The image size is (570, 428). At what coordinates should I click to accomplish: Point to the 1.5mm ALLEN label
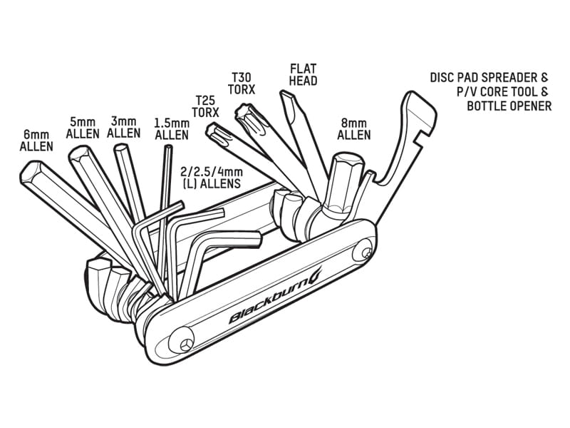(x=171, y=128)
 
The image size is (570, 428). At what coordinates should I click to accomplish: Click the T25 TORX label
(x=207, y=106)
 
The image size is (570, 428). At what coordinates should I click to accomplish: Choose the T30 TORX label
(x=242, y=83)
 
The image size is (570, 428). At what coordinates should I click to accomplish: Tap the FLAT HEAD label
(x=303, y=75)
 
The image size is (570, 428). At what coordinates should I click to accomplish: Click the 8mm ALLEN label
(x=354, y=128)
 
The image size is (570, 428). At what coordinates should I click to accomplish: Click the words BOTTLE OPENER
(x=509, y=106)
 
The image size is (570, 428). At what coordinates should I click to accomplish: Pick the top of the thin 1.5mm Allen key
(x=168, y=147)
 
